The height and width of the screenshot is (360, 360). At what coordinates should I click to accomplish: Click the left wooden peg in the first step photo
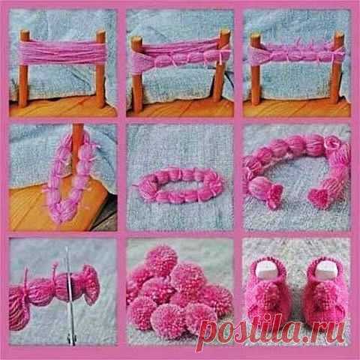24,69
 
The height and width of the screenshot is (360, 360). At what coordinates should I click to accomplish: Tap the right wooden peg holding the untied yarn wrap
100,69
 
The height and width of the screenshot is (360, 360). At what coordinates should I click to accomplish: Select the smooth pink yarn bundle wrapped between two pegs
62,53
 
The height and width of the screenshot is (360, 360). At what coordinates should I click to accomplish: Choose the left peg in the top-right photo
256,69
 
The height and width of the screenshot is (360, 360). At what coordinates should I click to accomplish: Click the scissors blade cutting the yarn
70,295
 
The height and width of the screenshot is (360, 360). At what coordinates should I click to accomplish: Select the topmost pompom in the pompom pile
162,261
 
